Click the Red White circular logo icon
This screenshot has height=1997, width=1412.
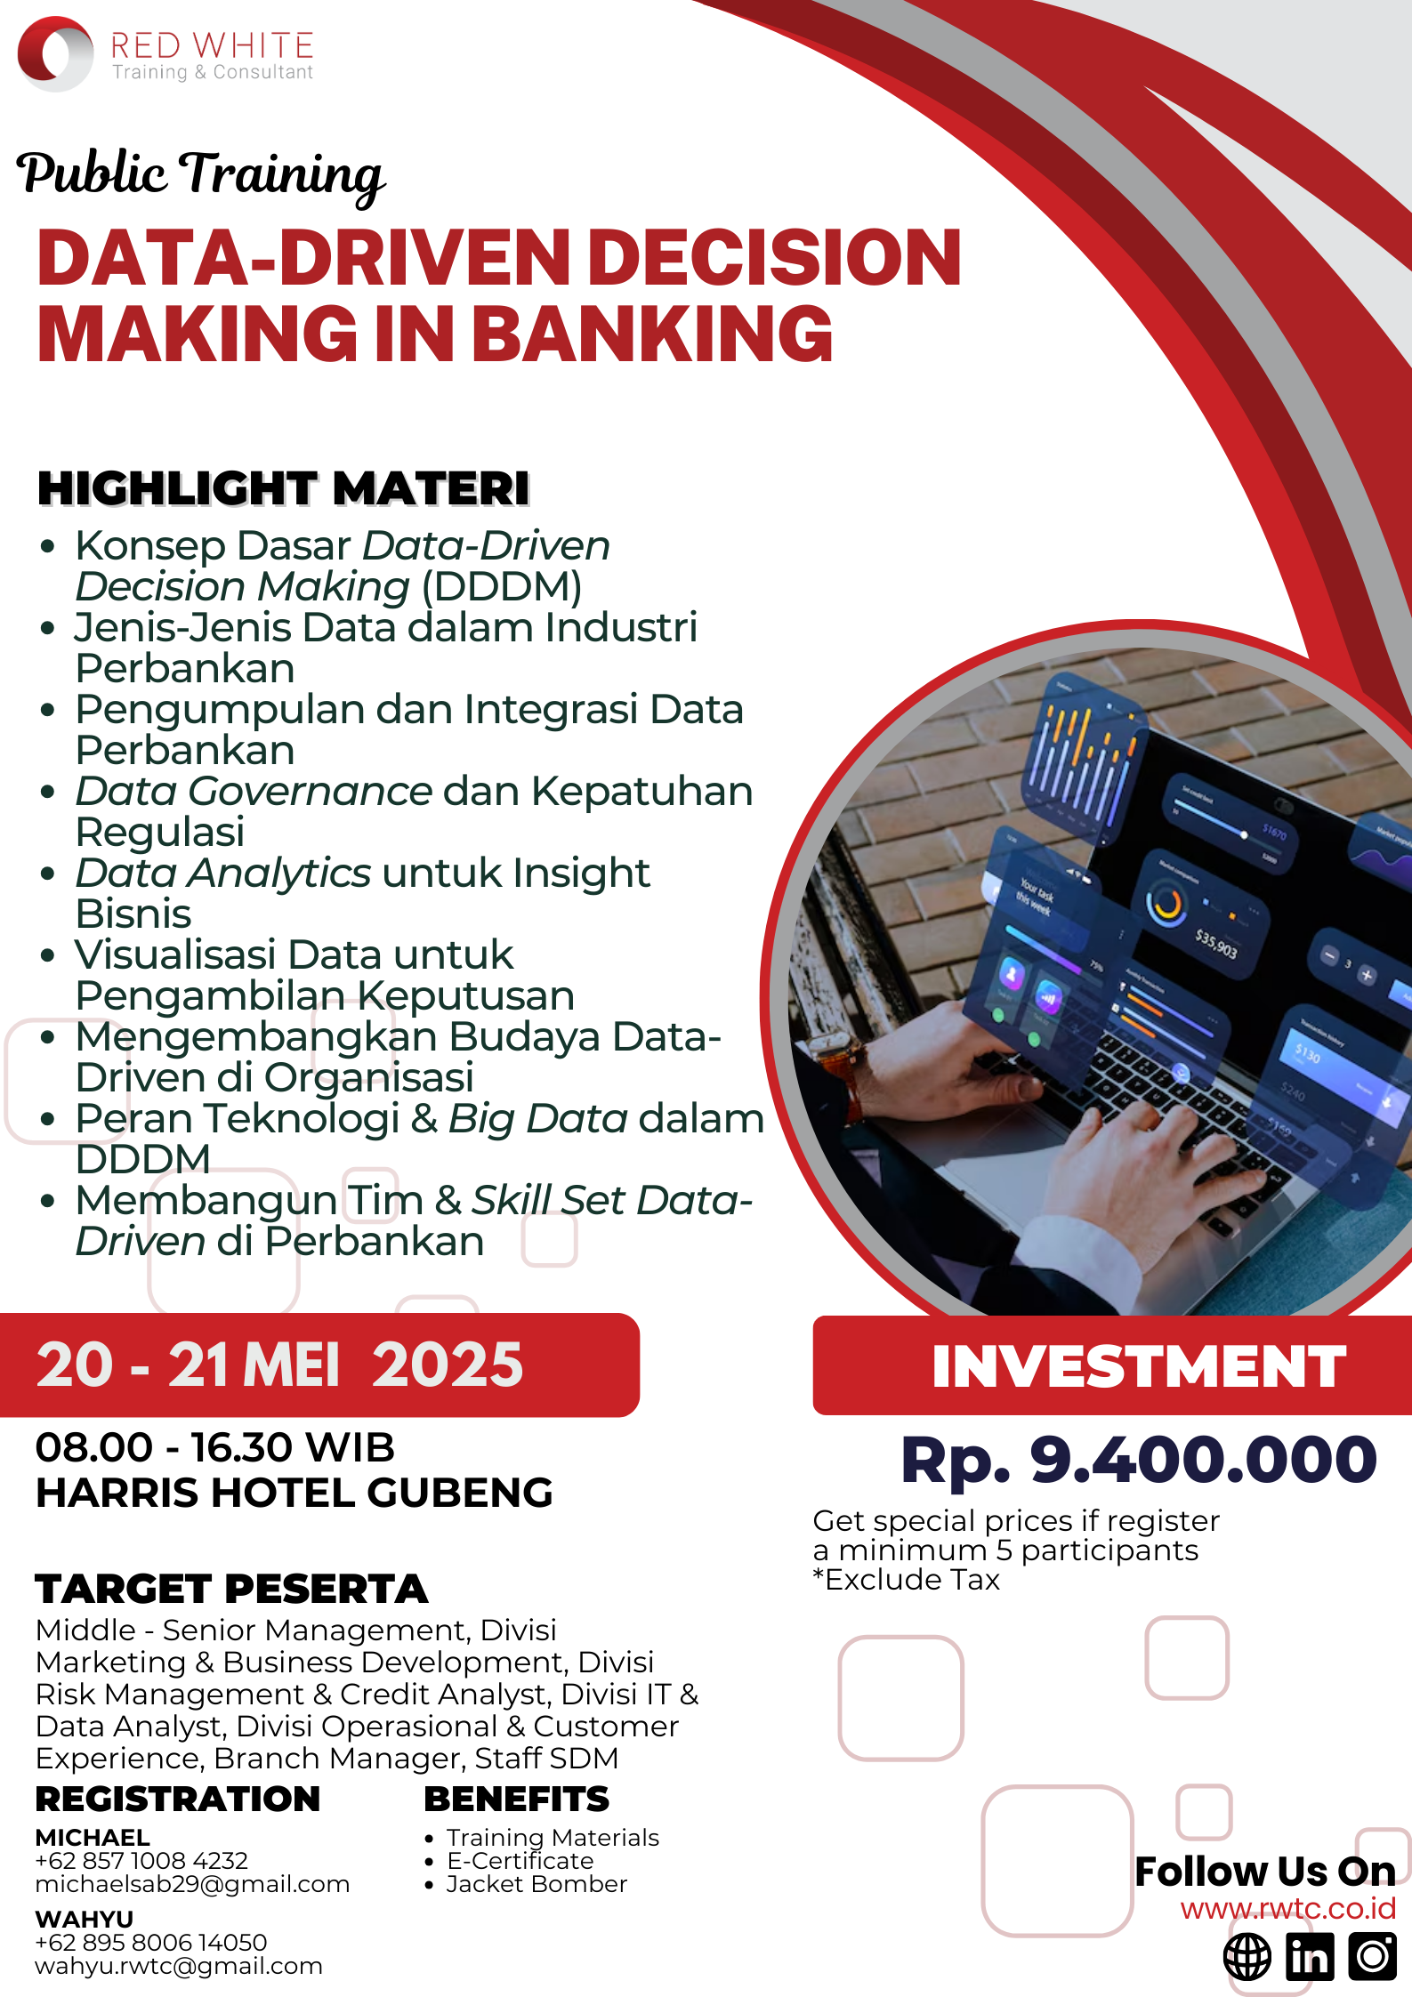[x=55, y=53]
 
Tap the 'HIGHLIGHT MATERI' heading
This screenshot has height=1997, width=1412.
[x=284, y=488]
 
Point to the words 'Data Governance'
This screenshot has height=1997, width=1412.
[x=254, y=791]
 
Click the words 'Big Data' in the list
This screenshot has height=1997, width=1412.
[x=538, y=1118]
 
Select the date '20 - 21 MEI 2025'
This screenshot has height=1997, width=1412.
[x=279, y=1365]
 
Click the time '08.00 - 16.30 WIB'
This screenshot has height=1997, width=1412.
[x=214, y=1447]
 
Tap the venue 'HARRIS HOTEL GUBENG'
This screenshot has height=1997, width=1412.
[x=295, y=1493]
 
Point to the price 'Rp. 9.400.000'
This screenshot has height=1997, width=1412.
[x=1139, y=1460]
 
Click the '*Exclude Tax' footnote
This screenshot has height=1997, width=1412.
[x=906, y=1580]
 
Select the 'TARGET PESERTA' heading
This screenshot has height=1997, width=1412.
[x=231, y=1589]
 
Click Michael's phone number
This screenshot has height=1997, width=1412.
[x=141, y=1860]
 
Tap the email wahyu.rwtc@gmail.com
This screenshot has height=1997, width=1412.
[x=179, y=1966]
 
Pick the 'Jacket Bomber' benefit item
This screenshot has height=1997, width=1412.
[x=537, y=1884]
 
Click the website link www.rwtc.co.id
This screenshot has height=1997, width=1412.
[x=1288, y=1909]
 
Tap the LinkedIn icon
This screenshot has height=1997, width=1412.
[x=1311, y=1957]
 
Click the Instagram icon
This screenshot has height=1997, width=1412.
[x=1373, y=1957]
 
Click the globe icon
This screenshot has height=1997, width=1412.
[x=1247, y=1957]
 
